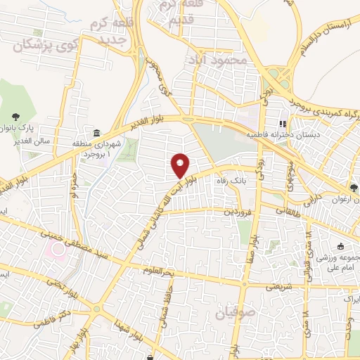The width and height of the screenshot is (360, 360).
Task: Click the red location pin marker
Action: point(181,165)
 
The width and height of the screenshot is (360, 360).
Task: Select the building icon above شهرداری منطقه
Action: point(96,134)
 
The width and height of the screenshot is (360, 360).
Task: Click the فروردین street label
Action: point(238,210)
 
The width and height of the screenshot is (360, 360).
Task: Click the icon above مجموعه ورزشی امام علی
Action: point(340,247)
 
